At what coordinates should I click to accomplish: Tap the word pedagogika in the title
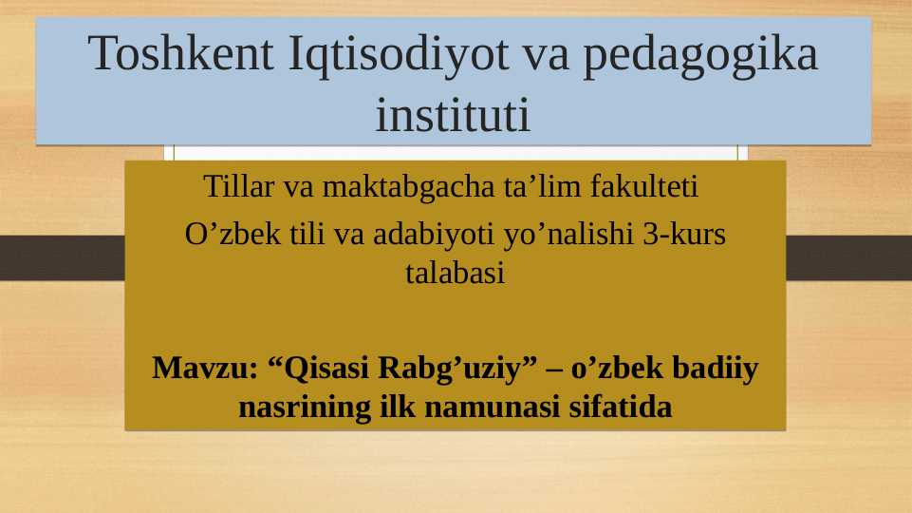click(700, 55)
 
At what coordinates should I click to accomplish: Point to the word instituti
click(453, 116)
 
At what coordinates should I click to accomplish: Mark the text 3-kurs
click(684, 235)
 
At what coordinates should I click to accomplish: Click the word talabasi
click(455, 275)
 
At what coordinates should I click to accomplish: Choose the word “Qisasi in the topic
click(319, 367)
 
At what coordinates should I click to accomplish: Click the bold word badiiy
click(717, 367)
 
